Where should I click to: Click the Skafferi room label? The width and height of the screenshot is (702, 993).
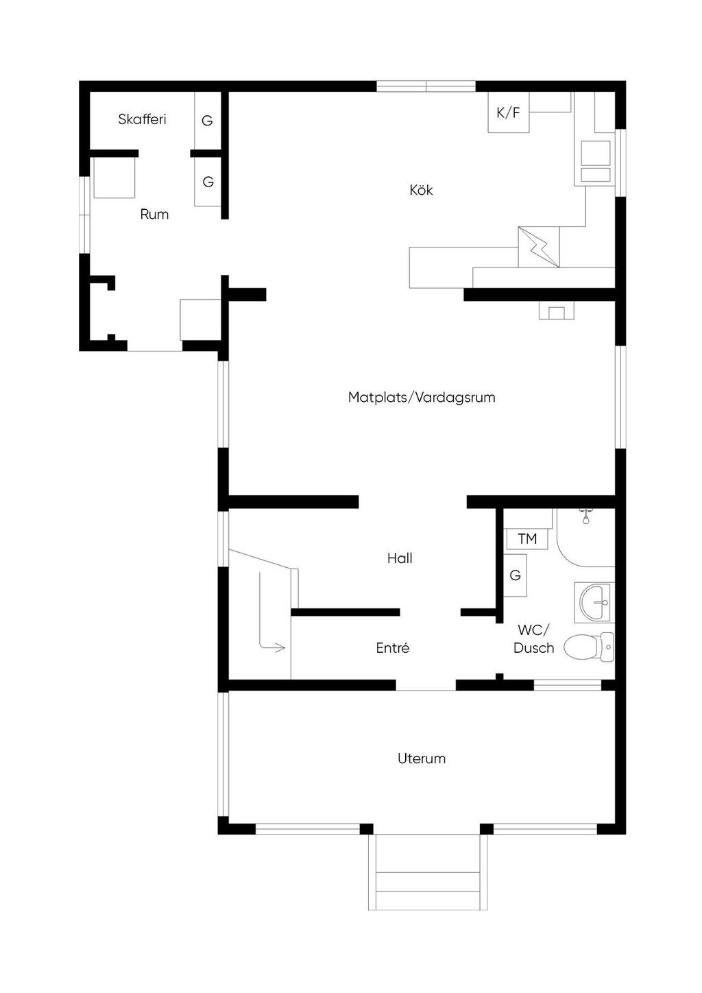point(142,119)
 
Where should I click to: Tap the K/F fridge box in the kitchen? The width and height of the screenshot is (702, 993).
point(508,112)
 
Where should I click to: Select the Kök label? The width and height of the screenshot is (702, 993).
point(420,190)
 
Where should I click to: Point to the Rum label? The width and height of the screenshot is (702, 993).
point(154,214)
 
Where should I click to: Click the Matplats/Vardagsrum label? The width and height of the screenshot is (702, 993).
point(422,397)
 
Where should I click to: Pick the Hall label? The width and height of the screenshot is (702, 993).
point(399,558)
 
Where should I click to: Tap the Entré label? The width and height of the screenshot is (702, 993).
point(392,647)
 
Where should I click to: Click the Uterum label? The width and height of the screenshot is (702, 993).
point(421,758)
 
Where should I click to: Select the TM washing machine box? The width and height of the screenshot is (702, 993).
point(527,538)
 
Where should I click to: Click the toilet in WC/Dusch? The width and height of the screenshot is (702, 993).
point(589,647)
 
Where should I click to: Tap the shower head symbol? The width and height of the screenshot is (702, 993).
point(586,516)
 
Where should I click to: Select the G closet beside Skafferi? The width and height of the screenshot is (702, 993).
point(208,120)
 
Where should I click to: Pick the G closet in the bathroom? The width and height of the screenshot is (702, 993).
point(515,575)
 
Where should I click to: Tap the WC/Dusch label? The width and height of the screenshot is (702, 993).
point(533,638)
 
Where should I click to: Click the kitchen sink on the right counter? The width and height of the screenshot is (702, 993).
point(595,161)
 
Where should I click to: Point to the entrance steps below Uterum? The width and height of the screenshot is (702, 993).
point(428,872)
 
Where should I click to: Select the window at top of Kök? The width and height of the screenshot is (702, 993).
point(426,86)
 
